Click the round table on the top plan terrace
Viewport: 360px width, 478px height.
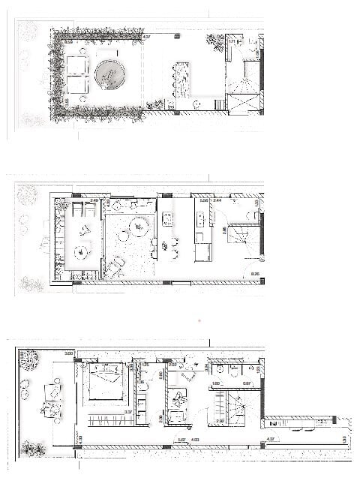pyautogui.click(x=110, y=73)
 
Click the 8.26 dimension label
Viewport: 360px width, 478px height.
pyautogui.click(x=255, y=274)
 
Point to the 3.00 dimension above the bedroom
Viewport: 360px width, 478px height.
pyautogui.click(x=68, y=353)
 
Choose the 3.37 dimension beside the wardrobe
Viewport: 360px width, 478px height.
pyautogui.click(x=128, y=412)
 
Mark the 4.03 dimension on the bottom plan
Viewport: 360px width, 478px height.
pyautogui.click(x=194, y=440)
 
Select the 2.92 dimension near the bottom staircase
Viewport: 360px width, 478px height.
pyautogui.click(x=219, y=422)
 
